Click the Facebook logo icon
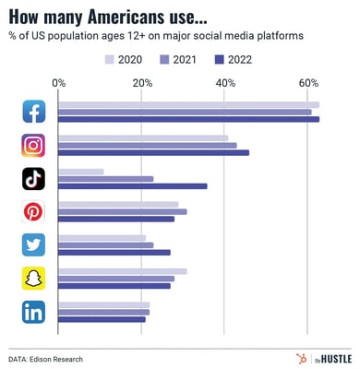[33, 112]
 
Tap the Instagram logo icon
[33, 145]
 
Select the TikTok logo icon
[33, 179]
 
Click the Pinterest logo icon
[33, 212]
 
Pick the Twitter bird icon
[33, 245]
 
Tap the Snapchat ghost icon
[33, 279]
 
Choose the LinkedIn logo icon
[33, 312]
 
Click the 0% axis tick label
[60, 83]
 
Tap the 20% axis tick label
[142, 83]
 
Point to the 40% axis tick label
[225, 83]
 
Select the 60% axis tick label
[308, 83]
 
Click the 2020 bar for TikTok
[81, 172]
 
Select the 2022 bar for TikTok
[133, 186]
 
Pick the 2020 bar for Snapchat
[123, 271]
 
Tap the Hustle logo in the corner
[316, 357]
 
